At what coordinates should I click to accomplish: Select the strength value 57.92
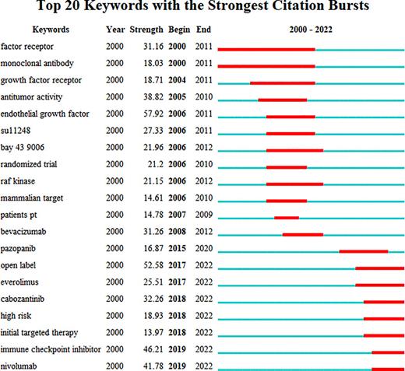(x=151, y=114)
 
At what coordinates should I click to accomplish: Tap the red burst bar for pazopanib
(x=363, y=250)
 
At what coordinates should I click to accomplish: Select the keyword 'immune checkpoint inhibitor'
(x=50, y=351)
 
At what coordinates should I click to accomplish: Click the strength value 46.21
(x=151, y=351)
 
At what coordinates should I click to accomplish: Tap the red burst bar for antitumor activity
(x=282, y=99)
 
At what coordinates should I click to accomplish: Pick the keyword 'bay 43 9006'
(x=23, y=149)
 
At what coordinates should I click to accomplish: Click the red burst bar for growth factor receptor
(x=282, y=82)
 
